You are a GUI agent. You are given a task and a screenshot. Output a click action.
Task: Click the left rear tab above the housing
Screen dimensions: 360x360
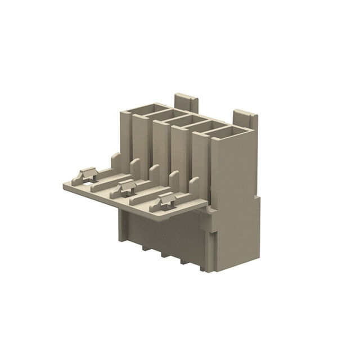click(x=186, y=101)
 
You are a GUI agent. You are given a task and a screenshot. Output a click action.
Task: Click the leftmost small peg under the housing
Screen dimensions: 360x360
click(x=145, y=248)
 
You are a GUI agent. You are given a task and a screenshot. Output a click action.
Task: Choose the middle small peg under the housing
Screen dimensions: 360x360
click(x=164, y=255)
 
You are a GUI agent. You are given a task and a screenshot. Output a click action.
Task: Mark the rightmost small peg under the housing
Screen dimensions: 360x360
click(x=183, y=261)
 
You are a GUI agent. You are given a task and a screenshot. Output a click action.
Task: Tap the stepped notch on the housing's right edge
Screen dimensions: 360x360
click(x=257, y=198)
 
